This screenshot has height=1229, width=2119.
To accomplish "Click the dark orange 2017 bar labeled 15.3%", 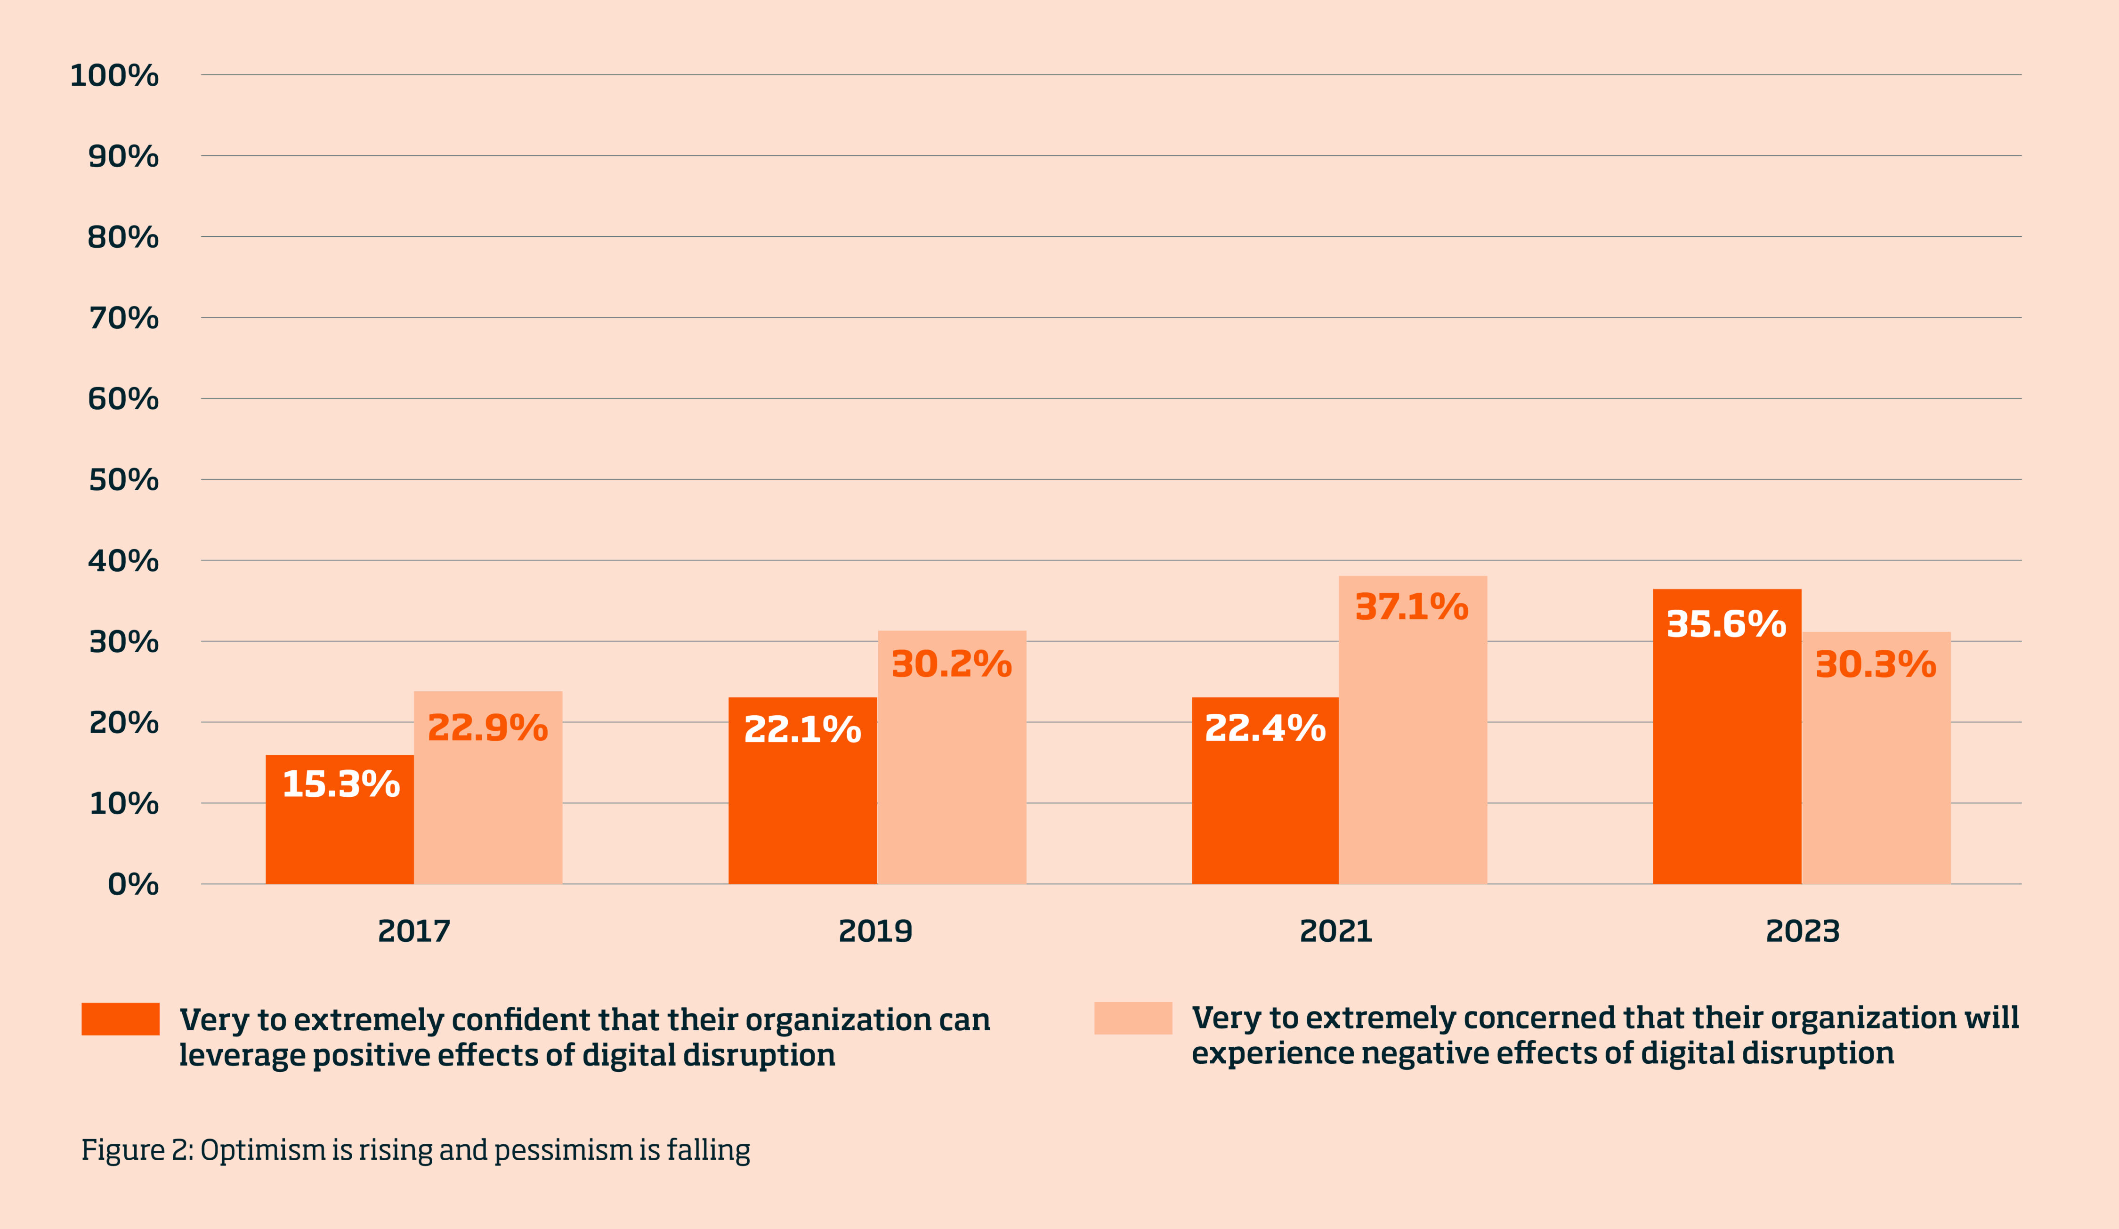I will [x=340, y=832].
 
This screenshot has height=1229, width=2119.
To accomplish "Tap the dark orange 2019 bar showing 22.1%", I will [x=802, y=807].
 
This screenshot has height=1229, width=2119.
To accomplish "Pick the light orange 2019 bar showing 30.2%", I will [x=952, y=773].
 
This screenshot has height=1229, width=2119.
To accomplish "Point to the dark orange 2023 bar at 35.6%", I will [x=1726, y=757].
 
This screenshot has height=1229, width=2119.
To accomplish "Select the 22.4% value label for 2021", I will [x=1265, y=728].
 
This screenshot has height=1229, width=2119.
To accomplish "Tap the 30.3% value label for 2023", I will [x=1875, y=664].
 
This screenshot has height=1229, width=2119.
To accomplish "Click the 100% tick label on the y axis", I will [x=114, y=76].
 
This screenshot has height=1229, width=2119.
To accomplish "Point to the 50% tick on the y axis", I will [x=123, y=480].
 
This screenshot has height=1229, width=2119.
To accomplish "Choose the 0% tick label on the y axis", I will [x=133, y=884].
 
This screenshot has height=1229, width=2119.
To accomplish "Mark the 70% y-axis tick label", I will [x=123, y=318].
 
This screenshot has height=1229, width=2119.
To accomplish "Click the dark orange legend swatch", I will [x=120, y=1019].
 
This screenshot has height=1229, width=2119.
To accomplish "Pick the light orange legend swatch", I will [x=1132, y=1018].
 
